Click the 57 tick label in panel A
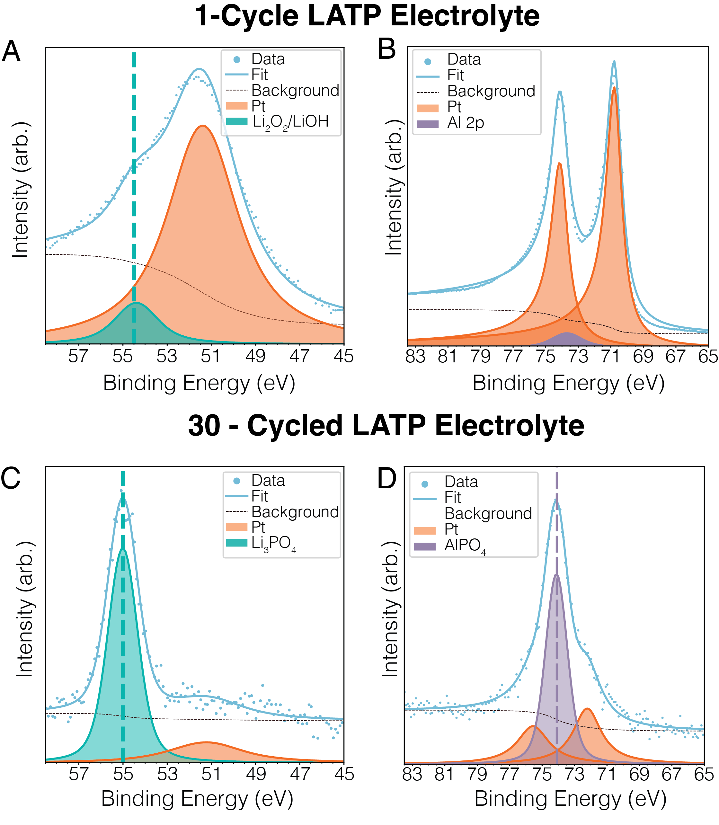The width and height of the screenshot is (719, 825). coord(78,356)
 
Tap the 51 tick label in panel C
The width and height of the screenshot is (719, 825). coord(211,774)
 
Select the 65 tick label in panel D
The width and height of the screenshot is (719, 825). coord(704,774)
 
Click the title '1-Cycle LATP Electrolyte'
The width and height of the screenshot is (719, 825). coord(367,16)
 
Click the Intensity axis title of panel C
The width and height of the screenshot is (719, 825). coord(25,610)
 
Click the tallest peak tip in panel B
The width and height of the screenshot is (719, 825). coord(614,62)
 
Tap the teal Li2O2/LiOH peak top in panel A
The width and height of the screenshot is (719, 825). coord(136,303)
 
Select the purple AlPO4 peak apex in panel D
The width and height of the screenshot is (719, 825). coord(556,575)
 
